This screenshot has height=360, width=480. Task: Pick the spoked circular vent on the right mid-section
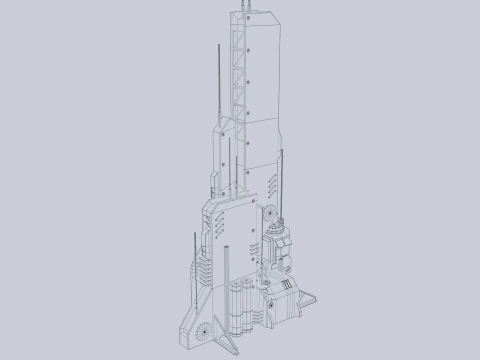click(270, 211)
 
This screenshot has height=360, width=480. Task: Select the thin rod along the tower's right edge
click(285, 180)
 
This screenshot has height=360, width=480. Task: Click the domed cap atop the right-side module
click(279, 229)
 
